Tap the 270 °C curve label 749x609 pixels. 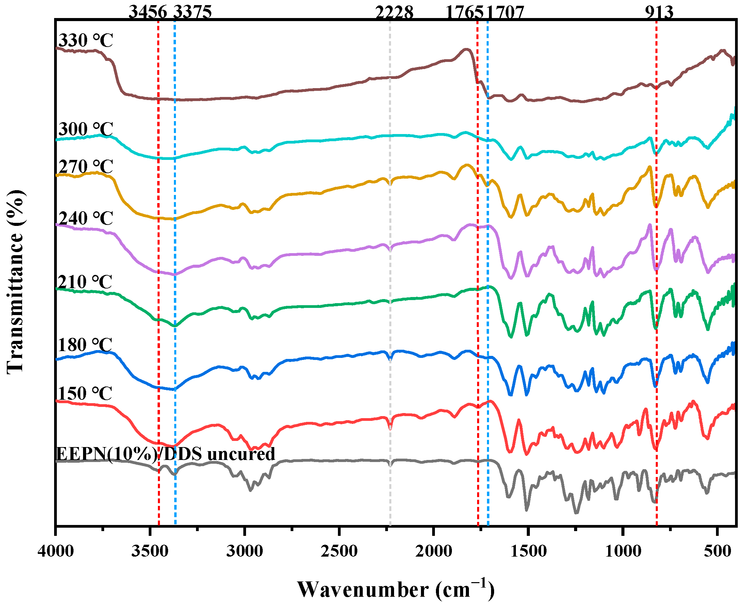(85, 166)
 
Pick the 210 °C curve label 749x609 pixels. (84, 282)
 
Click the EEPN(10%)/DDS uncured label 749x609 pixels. (165, 454)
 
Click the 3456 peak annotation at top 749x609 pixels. (148, 12)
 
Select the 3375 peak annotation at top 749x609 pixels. (193, 12)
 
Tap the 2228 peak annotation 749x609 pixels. (394, 13)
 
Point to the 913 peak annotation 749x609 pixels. (659, 12)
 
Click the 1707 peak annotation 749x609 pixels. (506, 13)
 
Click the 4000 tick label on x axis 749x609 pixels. (56, 552)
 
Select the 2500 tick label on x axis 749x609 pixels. (339, 552)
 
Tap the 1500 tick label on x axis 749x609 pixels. (528, 552)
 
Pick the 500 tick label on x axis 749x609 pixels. (718, 552)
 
